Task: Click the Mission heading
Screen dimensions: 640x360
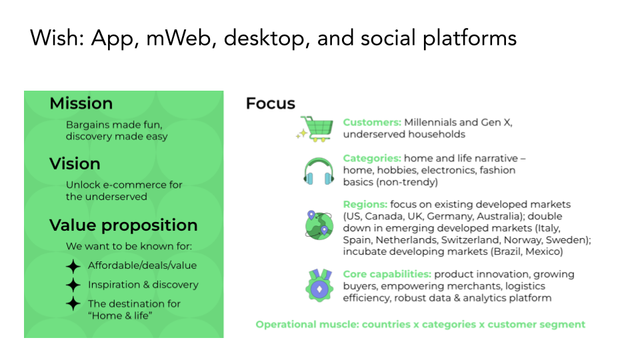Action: pyautogui.click(x=81, y=103)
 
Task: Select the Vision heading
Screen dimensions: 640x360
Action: pyautogui.click(x=75, y=164)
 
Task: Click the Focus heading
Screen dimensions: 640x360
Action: pyautogui.click(x=270, y=104)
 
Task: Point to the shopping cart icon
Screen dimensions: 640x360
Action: pyautogui.click(x=315, y=129)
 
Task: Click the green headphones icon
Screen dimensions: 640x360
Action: pyautogui.click(x=319, y=171)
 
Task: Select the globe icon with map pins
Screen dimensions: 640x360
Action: pyautogui.click(x=319, y=225)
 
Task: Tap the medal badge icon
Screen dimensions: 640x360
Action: pyautogui.click(x=319, y=285)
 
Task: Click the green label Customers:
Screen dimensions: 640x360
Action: pyautogui.click(x=372, y=123)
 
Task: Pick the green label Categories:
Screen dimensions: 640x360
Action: pyautogui.click(x=372, y=159)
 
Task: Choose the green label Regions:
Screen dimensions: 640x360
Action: pyautogui.click(x=365, y=205)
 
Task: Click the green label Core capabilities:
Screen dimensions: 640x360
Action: pyautogui.click(x=387, y=274)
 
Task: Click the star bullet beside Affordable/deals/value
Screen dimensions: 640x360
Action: pyautogui.click(x=73, y=266)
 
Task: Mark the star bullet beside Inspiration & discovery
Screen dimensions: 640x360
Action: pyautogui.click(x=73, y=285)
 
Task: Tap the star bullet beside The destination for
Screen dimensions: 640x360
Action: pyautogui.click(x=73, y=304)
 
